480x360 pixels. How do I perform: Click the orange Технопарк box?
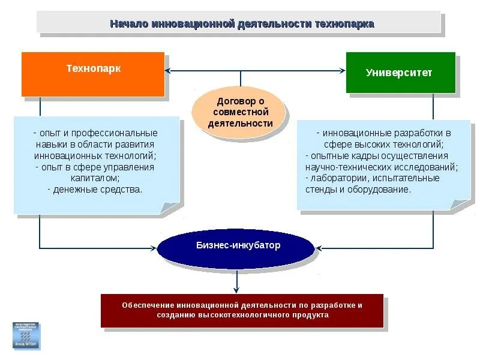click(x=93, y=74)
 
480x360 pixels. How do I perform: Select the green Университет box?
click(x=400, y=73)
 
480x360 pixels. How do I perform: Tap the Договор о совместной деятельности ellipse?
click(x=240, y=112)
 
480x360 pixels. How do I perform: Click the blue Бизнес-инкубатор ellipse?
click(x=236, y=246)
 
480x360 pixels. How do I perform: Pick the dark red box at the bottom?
click(x=242, y=310)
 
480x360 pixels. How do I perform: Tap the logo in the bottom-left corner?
click(x=26, y=335)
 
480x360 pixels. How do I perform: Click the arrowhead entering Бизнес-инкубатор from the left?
click(x=154, y=247)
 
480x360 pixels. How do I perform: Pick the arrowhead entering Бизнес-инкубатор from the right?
click(x=319, y=247)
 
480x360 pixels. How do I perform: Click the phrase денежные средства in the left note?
click(x=97, y=190)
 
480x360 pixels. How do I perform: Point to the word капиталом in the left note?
click(x=94, y=178)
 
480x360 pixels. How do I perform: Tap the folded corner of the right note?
click(x=461, y=204)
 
